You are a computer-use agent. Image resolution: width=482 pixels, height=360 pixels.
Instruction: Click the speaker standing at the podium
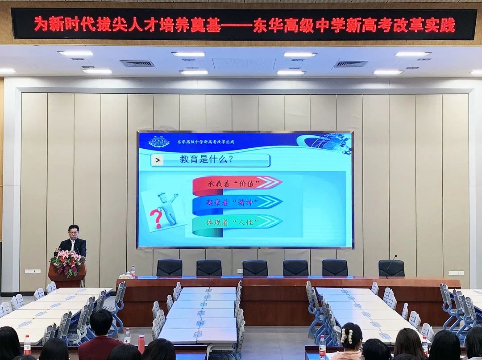(x=73, y=241)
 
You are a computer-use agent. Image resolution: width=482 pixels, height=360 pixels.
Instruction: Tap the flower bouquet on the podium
(x=67, y=263)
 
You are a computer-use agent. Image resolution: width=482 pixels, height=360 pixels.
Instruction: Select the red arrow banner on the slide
(x=237, y=184)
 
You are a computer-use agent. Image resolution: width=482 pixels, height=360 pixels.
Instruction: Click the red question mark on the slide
(x=156, y=217)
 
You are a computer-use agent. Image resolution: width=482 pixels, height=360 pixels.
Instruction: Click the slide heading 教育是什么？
(x=206, y=160)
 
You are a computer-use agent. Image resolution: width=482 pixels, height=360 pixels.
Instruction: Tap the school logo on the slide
(x=159, y=141)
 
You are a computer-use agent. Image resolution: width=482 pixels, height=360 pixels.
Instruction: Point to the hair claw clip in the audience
(x=347, y=336)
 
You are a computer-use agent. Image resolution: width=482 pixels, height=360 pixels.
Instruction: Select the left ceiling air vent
(x=137, y=64)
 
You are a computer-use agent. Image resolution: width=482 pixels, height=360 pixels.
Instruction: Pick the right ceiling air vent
(x=351, y=64)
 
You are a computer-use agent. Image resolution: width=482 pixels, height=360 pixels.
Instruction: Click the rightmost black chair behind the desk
(x=391, y=268)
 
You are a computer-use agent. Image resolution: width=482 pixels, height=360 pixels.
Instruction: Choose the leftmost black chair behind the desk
(x=170, y=268)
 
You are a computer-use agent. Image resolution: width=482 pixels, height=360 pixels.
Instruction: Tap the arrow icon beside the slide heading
(x=158, y=160)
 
